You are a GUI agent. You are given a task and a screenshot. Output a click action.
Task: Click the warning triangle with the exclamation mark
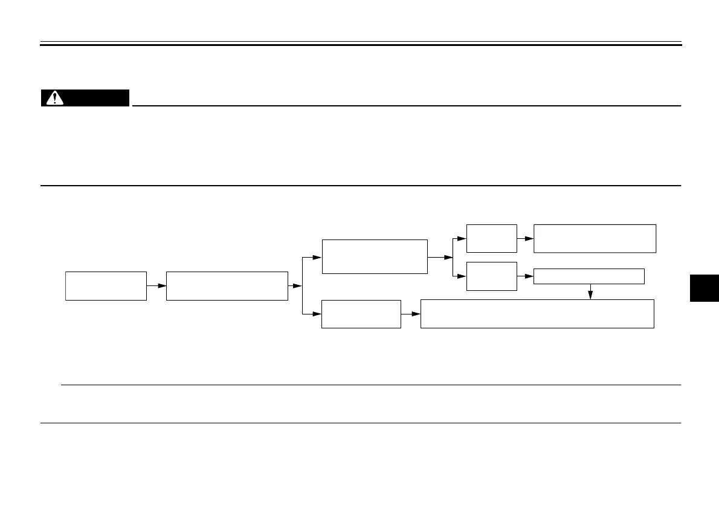[54, 99]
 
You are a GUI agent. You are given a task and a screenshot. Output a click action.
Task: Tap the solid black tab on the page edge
[704, 289]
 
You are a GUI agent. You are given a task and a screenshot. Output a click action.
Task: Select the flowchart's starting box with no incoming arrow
[106, 285]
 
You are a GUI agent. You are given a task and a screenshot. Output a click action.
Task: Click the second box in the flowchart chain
[227, 285]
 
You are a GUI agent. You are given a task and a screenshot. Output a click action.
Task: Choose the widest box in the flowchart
[537, 313]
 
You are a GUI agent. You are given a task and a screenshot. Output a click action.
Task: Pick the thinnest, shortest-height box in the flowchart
[589, 276]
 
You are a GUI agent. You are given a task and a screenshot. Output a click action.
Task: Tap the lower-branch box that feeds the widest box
[361, 314]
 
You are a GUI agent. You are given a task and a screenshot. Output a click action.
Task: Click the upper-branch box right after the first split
[375, 256]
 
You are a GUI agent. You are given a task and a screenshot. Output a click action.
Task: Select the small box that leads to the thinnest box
[492, 276]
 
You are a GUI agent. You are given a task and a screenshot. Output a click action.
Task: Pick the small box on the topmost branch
[492, 238]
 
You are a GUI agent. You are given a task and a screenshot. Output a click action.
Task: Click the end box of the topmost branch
[595, 238]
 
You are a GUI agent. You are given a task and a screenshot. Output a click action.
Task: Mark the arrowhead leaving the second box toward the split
[297, 285]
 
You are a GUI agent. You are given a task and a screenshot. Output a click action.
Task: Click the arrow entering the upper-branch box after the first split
[315, 257]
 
